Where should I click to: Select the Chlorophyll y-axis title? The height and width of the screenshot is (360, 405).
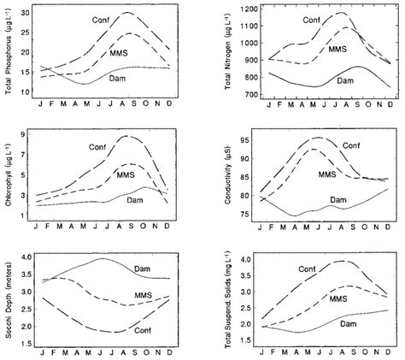coord(8,174)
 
